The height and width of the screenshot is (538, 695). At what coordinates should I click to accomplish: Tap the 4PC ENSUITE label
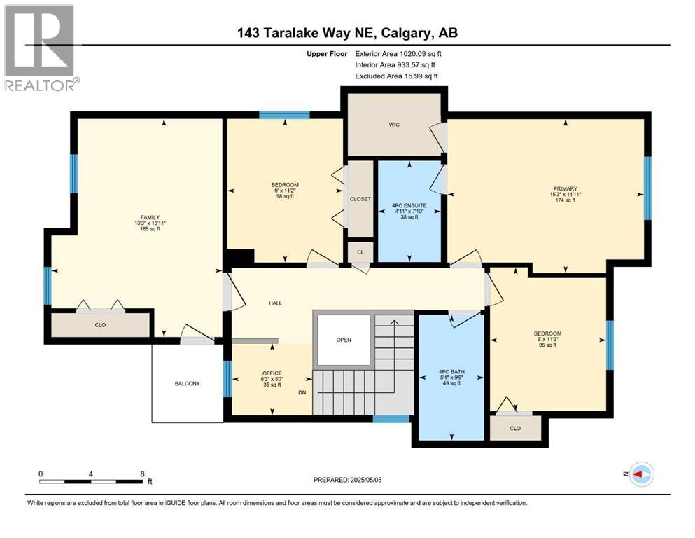pyautogui.click(x=409, y=205)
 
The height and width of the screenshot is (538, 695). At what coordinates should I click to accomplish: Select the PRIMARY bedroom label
pyautogui.click(x=565, y=188)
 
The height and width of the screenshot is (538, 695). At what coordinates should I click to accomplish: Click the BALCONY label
pyautogui.click(x=188, y=383)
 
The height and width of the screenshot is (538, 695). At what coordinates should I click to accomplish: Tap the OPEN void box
pyautogui.click(x=343, y=340)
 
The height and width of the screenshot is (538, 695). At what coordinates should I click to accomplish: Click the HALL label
pyautogui.click(x=275, y=303)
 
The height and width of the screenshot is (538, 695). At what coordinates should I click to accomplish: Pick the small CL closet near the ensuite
pyautogui.click(x=360, y=251)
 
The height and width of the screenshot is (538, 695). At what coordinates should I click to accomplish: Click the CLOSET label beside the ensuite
pyautogui.click(x=360, y=199)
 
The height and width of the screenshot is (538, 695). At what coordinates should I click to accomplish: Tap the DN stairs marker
pyautogui.click(x=302, y=393)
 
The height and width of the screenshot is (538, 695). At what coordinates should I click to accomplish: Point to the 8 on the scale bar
pyautogui.click(x=142, y=473)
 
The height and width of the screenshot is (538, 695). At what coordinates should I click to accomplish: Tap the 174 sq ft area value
pyautogui.click(x=565, y=200)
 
